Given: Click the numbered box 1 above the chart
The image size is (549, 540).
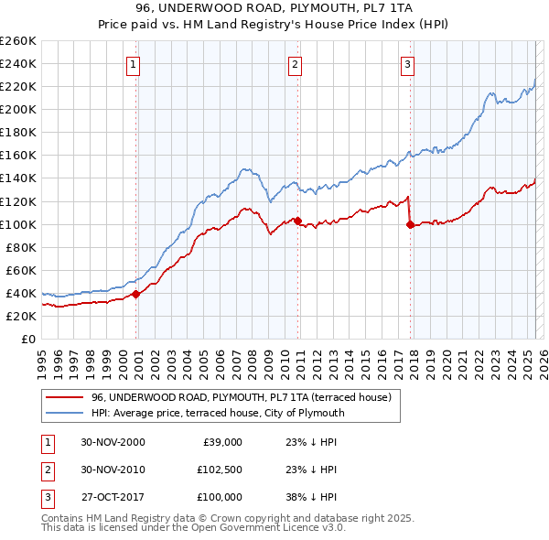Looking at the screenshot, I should [x=134, y=64].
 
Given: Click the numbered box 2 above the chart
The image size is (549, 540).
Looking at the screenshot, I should [x=296, y=64].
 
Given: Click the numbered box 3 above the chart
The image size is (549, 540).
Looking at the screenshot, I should [x=407, y=64].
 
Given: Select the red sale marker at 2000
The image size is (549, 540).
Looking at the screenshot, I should [x=136, y=294].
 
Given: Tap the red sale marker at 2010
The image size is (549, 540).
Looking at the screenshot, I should [x=298, y=221].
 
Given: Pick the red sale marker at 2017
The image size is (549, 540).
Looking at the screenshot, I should [x=410, y=223].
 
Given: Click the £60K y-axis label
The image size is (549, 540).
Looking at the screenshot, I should [x=21, y=270].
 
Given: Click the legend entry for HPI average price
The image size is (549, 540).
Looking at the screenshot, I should [x=217, y=413].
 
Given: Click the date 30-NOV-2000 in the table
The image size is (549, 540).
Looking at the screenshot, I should [x=113, y=442].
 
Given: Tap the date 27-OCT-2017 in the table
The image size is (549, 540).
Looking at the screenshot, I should [x=113, y=497].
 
